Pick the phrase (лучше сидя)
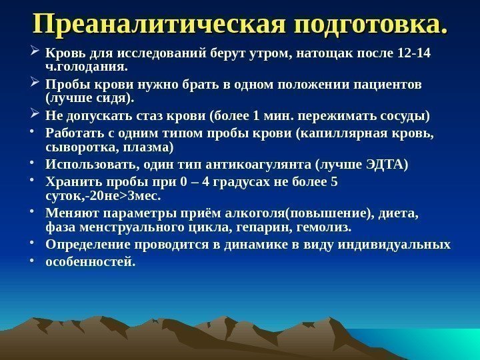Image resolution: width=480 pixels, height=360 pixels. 88,99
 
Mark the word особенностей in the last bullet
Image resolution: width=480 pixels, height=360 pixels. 89,262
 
